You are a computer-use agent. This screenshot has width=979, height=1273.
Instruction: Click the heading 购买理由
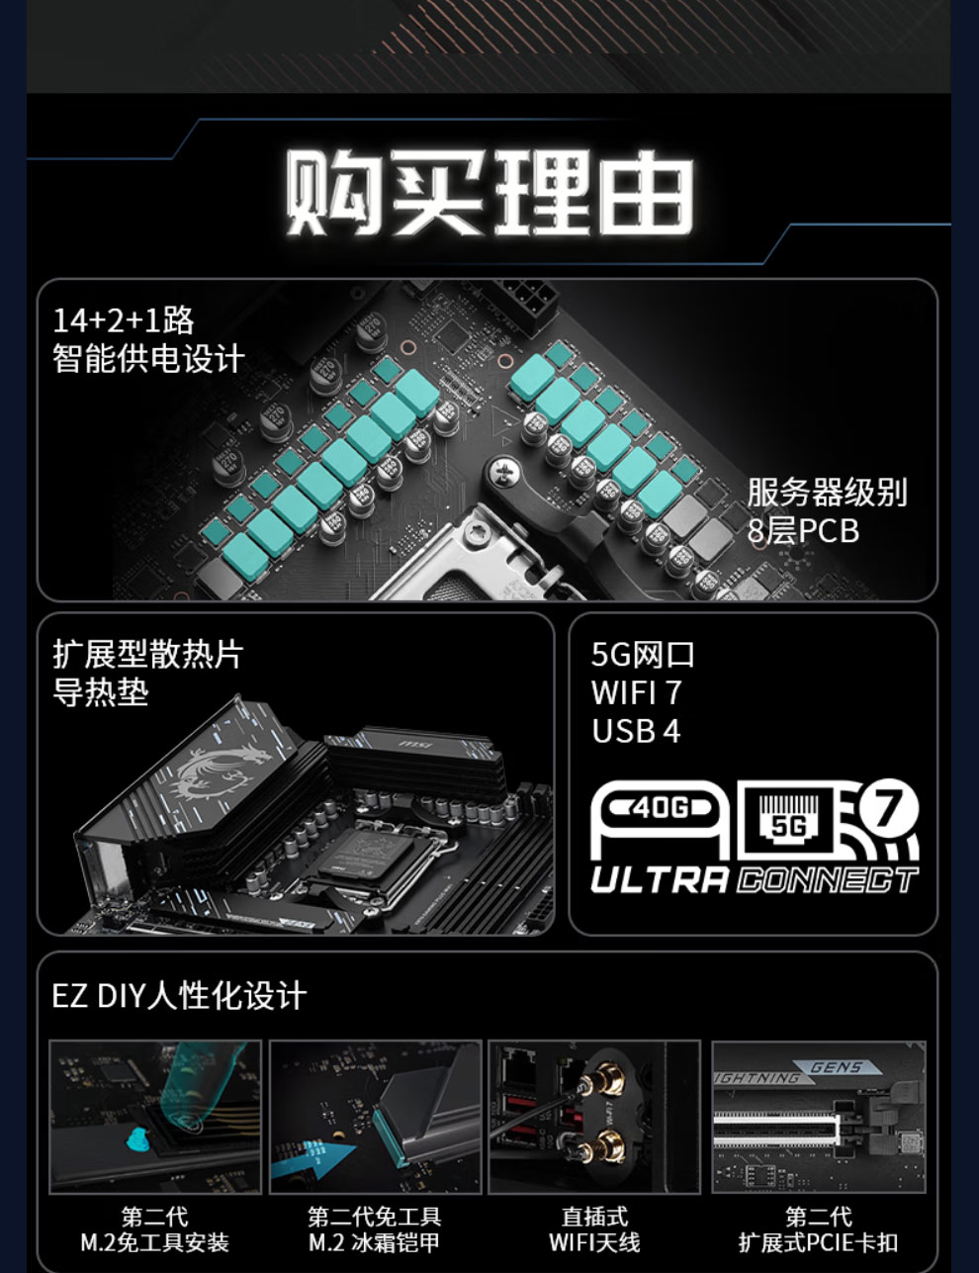[490, 193]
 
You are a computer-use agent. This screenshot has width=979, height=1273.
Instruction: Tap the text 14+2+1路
[124, 320]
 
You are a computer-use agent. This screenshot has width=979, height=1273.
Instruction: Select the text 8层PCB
[803, 531]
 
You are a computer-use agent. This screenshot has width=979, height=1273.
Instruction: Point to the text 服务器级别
[827, 493]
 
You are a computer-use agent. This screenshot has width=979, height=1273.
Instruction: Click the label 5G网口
[643, 655]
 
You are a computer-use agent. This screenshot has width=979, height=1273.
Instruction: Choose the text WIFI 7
[637, 692]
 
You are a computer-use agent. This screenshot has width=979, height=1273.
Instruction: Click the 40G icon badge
[661, 809]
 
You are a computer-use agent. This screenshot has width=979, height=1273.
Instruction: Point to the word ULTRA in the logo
[660, 881]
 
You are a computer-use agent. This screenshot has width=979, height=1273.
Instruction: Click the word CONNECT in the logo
[828, 881]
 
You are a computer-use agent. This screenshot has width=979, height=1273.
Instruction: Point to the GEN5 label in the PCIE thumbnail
[837, 1067]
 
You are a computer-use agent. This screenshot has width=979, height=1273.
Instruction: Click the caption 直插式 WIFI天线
[594, 1229]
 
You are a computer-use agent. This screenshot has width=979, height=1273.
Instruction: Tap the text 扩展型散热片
[147, 654]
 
